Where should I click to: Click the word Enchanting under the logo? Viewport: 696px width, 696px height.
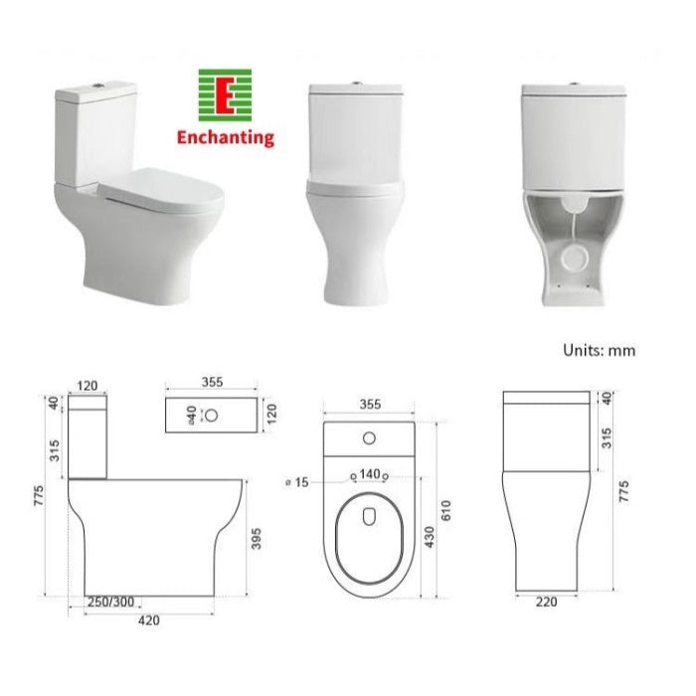point(225,138)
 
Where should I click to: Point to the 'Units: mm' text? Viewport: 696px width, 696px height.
point(599,350)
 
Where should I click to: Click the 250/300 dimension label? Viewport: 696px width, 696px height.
point(111,603)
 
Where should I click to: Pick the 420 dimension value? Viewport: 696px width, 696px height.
point(148,621)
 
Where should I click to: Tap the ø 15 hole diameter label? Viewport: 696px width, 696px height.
point(297,482)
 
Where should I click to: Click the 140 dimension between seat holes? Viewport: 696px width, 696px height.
point(370,474)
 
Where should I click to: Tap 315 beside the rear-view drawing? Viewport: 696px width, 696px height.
point(608,435)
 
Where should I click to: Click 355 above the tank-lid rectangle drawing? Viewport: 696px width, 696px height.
point(211,382)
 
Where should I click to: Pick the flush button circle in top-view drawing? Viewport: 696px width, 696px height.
point(370,436)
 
